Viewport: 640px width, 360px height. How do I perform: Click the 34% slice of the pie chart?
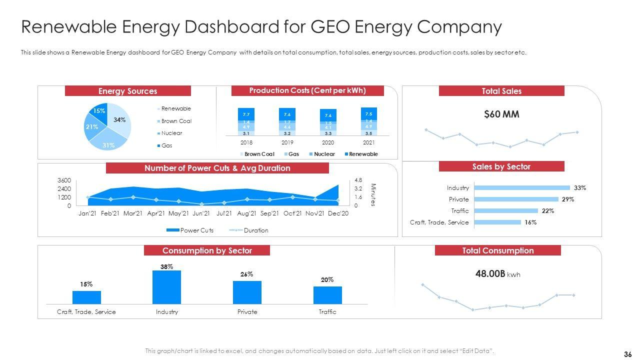pyautogui.click(x=120, y=119)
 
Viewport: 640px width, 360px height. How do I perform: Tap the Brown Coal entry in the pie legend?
pyautogui.click(x=176, y=121)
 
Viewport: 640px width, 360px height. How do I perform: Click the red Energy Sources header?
pyautogui.click(x=127, y=91)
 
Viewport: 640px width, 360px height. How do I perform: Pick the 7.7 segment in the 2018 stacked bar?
pyautogui.click(x=246, y=114)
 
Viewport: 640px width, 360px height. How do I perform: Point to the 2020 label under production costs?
pyautogui.click(x=328, y=142)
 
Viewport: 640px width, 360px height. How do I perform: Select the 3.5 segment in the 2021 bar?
pyautogui.click(x=368, y=133)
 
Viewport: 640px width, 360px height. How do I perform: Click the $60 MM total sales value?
pyautogui.click(x=501, y=114)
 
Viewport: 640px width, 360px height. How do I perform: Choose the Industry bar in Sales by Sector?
pyautogui.click(x=521, y=188)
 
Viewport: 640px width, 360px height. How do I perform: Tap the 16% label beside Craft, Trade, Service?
pyautogui.click(x=530, y=222)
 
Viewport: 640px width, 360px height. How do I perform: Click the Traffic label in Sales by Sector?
pyautogui.click(x=459, y=211)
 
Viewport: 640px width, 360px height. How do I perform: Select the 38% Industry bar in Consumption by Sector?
pyautogui.click(x=166, y=287)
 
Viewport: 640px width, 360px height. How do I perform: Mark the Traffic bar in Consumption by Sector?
pyautogui.click(x=327, y=295)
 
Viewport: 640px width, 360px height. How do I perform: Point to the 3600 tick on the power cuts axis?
pyautogui.click(x=64, y=180)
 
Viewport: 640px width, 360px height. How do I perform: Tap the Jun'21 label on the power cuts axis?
pyautogui.click(x=200, y=213)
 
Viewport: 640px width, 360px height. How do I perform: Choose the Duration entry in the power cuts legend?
pyautogui.click(x=256, y=230)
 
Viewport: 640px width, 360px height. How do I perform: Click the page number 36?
pyautogui.click(x=628, y=354)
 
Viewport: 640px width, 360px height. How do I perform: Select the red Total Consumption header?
pyautogui.click(x=498, y=250)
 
